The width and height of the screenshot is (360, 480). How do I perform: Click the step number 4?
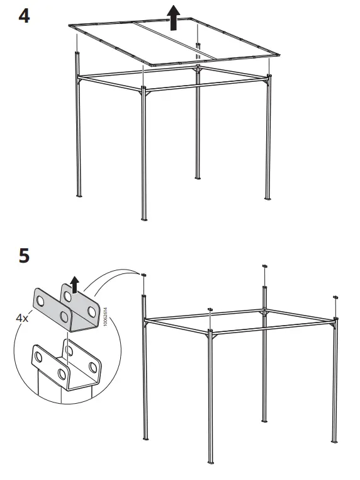[23, 15]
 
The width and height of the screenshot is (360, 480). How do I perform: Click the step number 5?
[23, 256]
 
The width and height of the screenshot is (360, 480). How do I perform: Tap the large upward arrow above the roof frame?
[174, 16]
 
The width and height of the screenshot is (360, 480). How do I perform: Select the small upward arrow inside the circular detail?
[76, 286]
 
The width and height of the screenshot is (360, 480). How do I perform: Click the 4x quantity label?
[22, 318]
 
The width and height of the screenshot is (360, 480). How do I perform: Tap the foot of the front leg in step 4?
[144, 219]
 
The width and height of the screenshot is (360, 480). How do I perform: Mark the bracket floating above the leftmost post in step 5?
[145, 275]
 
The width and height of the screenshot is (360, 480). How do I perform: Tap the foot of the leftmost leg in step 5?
[145, 438]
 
